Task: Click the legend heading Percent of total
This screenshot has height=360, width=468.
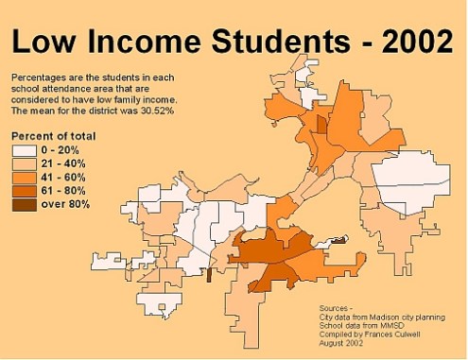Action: point(54,136)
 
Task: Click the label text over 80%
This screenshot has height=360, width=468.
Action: point(65,203)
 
